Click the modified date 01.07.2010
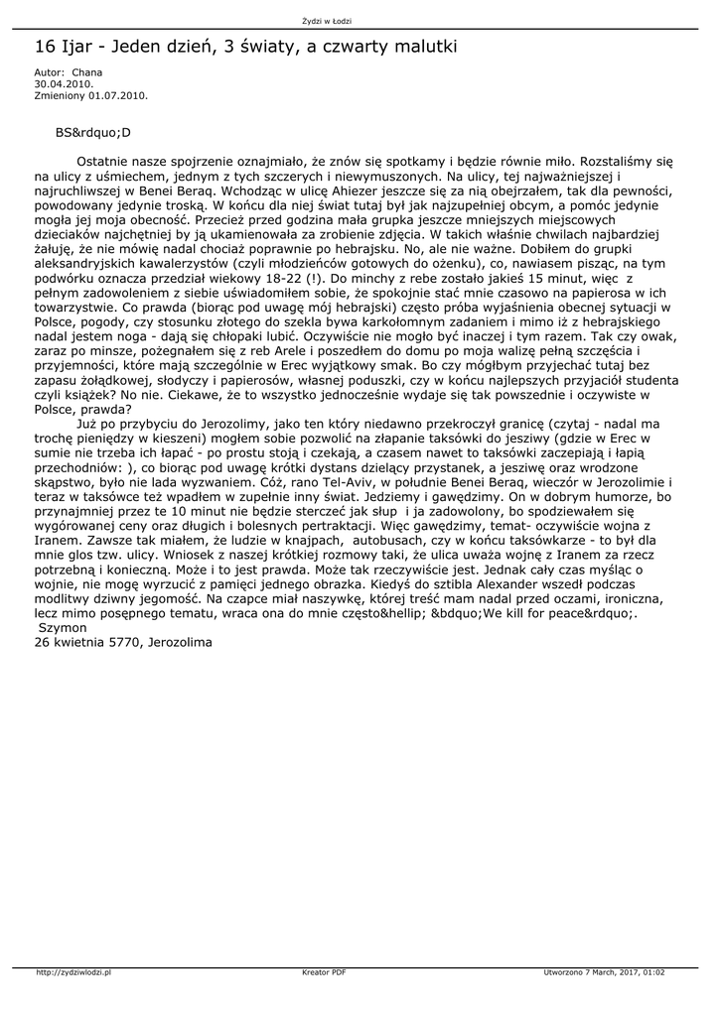pyautogui.click(x=117, y=95)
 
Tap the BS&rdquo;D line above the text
pyautogui.click(x=93, y=131)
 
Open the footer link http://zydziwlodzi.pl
pyautogui.click(x=72, y=972)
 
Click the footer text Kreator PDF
pyautogui.click(x=324, y=972)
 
